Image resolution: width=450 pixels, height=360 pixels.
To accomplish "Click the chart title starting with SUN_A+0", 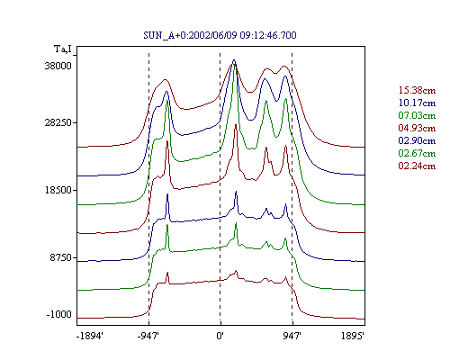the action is (220, 35).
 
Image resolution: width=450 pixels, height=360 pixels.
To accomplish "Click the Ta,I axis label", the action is (63, 49).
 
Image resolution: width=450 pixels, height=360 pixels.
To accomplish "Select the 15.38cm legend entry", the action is (417, 90).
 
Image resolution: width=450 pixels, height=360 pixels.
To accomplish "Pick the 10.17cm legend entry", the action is (417, 103).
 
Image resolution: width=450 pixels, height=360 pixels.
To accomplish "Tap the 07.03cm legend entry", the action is (417, 115).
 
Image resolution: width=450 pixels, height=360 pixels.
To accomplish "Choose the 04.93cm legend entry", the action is (417, 128).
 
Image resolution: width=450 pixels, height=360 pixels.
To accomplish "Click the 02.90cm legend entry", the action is (417, 140).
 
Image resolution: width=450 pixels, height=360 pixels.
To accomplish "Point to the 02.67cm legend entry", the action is (417, 153).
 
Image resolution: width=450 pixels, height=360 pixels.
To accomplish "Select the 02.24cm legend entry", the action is (417, 166).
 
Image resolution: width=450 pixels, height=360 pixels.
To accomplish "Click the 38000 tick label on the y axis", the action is (58, 66).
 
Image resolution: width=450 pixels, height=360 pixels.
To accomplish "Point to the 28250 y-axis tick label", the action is (58, 122).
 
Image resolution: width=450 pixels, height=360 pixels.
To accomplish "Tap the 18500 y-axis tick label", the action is (58, 190).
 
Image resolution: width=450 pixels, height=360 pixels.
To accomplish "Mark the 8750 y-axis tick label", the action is (61, 257).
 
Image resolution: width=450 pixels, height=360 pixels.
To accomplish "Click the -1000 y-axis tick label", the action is (59, 314).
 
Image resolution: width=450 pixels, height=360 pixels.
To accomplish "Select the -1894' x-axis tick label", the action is (90, 336).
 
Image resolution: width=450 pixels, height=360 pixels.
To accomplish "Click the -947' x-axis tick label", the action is (148, 336).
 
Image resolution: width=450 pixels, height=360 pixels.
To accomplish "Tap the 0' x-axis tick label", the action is (220, 336).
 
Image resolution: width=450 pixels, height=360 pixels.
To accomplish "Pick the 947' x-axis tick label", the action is (292, 336).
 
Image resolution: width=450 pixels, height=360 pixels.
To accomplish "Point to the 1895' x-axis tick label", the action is (353, 336).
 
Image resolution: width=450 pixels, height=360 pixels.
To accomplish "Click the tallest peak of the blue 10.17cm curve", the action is (234, 60).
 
